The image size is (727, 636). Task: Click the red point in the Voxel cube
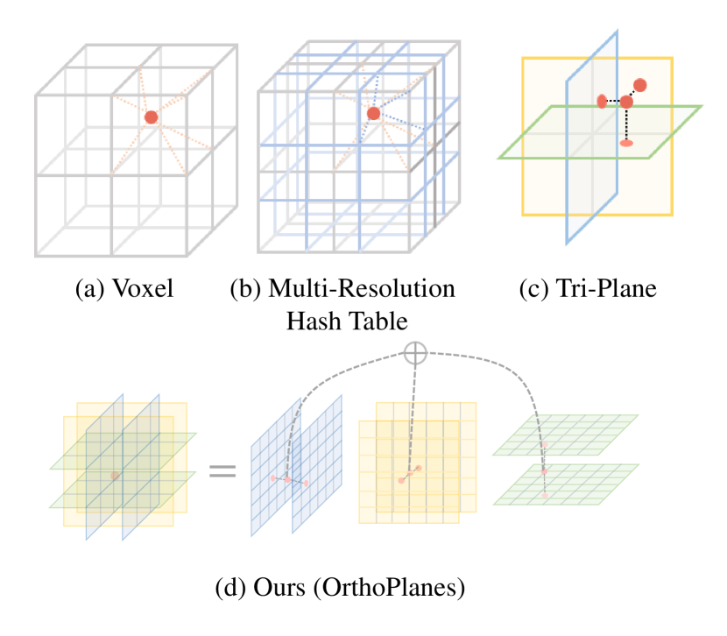[x=151, y=117]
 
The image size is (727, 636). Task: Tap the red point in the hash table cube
[x=374, y=113]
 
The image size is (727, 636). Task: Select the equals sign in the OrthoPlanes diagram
[x=222, y=472]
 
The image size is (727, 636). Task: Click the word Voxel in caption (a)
[x=143, y=288]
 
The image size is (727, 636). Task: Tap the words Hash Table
[x=347, y=321]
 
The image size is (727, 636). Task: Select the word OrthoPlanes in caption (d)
[x=405, y=587]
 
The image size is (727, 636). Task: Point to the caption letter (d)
[x=230, y=587]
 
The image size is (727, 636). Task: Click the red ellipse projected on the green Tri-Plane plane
[x=625, y=142]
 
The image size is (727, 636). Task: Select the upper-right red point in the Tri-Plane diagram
[x=640, y=85]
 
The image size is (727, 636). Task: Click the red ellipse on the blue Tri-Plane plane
[x=602, y=101]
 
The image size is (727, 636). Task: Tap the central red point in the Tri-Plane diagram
[x=625, y=102]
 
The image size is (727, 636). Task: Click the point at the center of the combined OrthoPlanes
[x=115, y=475]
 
